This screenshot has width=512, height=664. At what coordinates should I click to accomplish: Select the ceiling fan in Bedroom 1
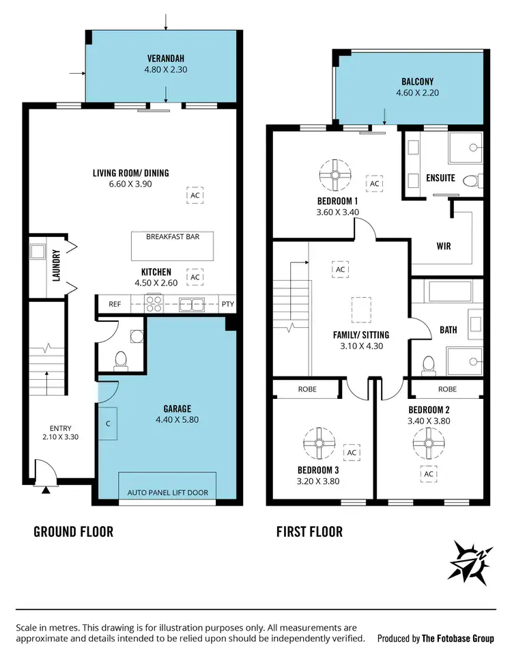coord(335,176)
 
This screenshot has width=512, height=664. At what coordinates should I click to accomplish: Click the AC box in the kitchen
coord(195,277)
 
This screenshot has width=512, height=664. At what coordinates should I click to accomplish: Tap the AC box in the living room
coord(195,195)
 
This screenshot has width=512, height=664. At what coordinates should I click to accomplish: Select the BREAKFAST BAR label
coord(172,237)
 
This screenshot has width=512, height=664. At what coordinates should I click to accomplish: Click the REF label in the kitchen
coord(115,305)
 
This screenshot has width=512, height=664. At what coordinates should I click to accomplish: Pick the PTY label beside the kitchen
coord(227,305)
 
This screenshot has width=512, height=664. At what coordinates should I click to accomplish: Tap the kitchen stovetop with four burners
coord(154,305)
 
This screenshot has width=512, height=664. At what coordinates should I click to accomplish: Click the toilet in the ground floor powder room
coord(122,359)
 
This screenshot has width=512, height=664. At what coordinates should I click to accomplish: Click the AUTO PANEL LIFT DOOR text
coord(167,493)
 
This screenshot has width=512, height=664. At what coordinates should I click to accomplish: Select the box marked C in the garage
coord(109,423)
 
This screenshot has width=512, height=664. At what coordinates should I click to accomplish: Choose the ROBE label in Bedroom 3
coord(306,389)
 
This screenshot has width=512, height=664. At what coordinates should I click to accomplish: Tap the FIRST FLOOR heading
coord(309,531)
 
